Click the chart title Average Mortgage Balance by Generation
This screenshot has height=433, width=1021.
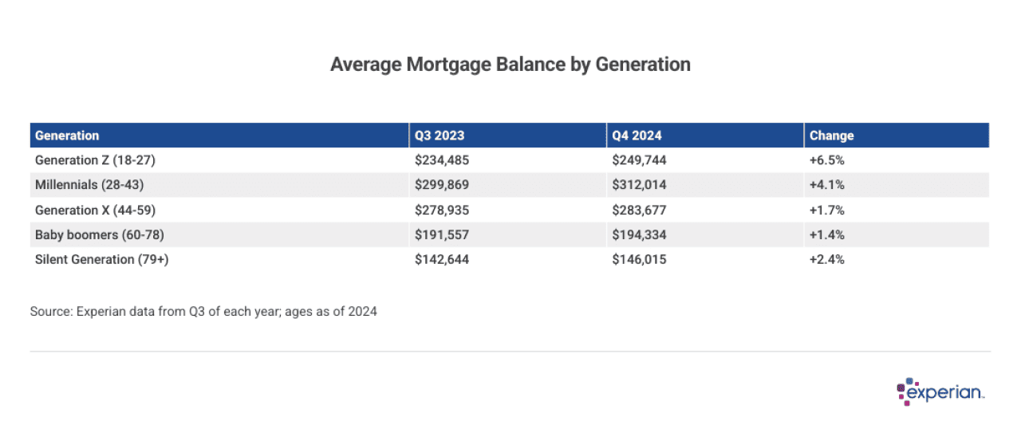[x=510, y=65]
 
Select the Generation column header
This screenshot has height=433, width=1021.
[x=67, y=136]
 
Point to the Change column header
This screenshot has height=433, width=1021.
[x=831, y=136]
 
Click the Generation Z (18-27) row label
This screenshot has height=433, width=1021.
[x=95, y=160]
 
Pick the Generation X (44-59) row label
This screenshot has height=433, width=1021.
[x=96, y=210]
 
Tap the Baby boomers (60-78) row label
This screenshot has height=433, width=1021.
[x=100, y=234]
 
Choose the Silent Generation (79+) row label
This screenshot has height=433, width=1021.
[x=102, y=259]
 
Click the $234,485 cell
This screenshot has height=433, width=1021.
[x=442, y=160]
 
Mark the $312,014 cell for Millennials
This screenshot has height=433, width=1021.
[x=639, y=185]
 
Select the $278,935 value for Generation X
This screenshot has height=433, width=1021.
[x=442, y=210]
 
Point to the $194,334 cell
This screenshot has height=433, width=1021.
[x=639, y=234]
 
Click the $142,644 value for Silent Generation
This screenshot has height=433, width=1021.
[x=442, y=259]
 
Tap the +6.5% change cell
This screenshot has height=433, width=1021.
[x=826, y=160]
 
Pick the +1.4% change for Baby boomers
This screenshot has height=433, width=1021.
[x=826, y=234]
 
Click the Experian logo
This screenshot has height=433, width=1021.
[x=940, y=392]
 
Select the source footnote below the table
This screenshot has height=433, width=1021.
[x=203, y=312]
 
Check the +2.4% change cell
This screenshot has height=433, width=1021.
[x=826, y=259]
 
